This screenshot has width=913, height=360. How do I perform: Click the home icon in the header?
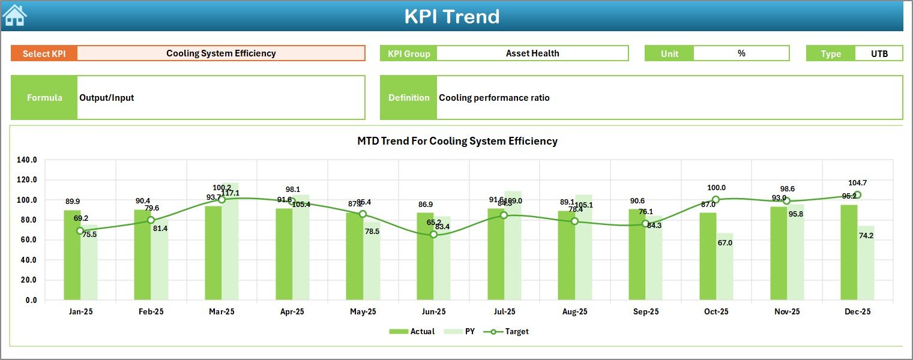click(14, 15)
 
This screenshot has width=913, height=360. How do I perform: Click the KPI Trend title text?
click(452, 16)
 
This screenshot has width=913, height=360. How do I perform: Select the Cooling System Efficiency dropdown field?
click(221, 53)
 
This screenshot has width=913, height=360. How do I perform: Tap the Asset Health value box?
click(532, 53)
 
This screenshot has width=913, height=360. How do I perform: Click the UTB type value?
click(879, 53)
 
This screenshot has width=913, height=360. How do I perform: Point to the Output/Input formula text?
click(107, 98)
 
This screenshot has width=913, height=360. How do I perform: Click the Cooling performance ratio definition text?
click(494, 98)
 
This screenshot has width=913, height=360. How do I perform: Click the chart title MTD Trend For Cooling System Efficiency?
click(457, 142)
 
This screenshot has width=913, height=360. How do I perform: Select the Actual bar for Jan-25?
click(72, 255)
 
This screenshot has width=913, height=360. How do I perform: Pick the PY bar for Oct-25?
click(725, 267)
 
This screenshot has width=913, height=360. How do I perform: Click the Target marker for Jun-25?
click(433, 235)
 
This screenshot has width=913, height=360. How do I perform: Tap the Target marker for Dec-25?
click(857, 195)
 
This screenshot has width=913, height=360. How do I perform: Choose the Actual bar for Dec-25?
click(849, 252)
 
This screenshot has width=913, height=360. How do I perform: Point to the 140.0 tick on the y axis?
click(27, 160)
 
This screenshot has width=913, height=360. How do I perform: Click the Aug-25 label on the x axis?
click(574, 312)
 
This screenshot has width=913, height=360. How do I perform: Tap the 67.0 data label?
click(725, 243)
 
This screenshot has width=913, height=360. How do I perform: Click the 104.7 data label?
click(857, 183)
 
